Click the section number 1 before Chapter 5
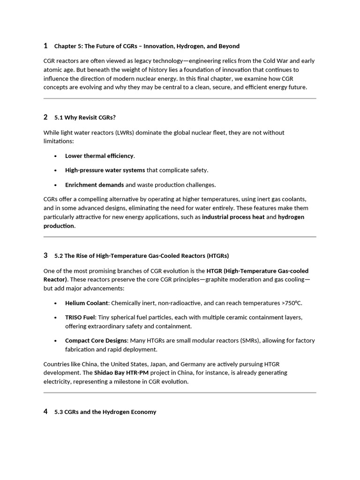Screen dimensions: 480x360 pyautogui.click(x=45, y=45)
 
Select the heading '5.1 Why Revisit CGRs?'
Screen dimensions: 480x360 pyautogui.click(x=85, y=117)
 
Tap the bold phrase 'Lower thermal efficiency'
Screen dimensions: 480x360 pyautogui.click(x=99, y=156)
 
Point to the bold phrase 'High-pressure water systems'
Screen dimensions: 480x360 pyautogui.click(x=105, y=170)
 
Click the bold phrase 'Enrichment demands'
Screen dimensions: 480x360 pyautogui.click(x=94, y=185)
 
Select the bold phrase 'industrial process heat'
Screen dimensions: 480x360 pyautogui.click(x=233, y=217)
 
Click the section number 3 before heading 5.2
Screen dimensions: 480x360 pyautogui.click(x=45, y=255)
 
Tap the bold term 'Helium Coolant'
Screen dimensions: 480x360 pyautogui.click(x=86, y=303)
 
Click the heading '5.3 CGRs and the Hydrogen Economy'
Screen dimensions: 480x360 pyautogui.click(x=105, y=412)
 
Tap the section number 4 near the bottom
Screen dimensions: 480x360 pyautogui.click(x=45, y=412)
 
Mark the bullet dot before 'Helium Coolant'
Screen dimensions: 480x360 pyautogui.click(x=55, y=303)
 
